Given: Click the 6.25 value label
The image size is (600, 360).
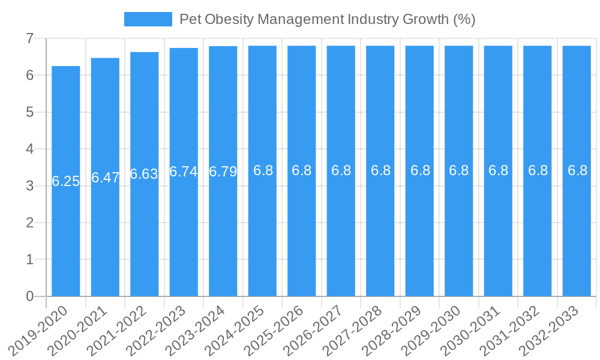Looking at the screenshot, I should (66, 181).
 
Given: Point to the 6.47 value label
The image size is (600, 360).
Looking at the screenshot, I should (105, 178).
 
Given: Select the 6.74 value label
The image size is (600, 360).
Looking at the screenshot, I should (184, 172).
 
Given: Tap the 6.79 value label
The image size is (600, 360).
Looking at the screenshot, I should (223, 172).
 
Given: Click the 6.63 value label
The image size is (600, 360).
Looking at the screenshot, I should (145, 174).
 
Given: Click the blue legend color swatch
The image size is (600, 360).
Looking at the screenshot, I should (148, 19).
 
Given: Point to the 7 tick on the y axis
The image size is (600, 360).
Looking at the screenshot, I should (29, 39).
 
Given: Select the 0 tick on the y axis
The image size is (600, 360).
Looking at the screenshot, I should (29, 296).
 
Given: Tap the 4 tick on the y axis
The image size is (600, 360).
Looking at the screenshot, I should (29, 149).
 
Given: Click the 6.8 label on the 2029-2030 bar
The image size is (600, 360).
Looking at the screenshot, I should (459, 170).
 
